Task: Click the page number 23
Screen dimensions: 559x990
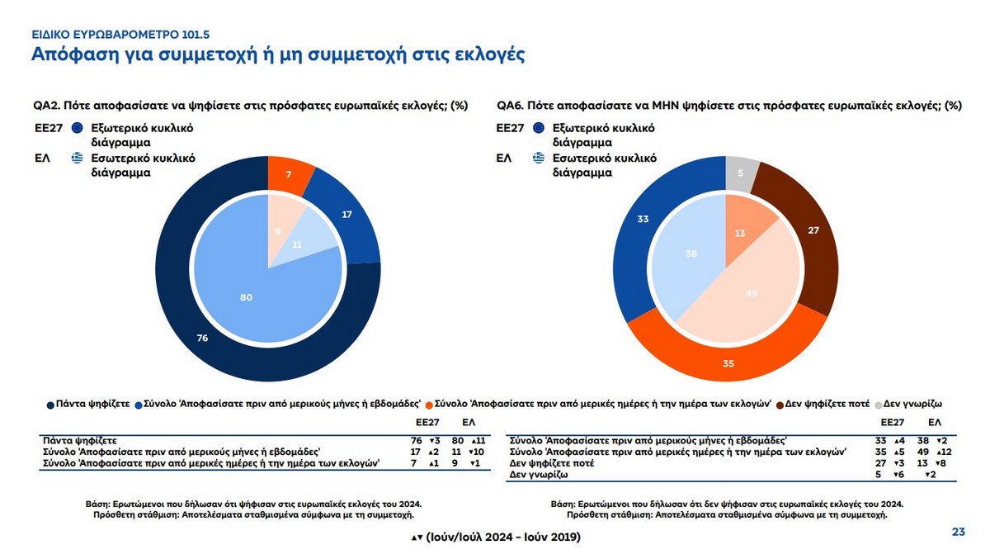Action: click(958, 532)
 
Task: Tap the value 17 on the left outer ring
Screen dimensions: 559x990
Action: click(346, 215)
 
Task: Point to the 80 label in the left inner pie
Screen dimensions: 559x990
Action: click(246, 297)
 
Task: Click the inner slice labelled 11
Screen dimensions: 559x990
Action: click(297, 245)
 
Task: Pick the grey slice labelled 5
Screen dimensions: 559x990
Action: click(740, 173)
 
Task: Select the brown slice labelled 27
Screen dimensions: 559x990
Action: click(813, 230)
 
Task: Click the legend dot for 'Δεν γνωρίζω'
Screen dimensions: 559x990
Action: click(879, 405)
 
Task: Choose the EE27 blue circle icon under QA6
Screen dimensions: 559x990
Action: click(540, 128)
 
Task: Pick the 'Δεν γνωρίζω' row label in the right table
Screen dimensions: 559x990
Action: click(538, 476)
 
